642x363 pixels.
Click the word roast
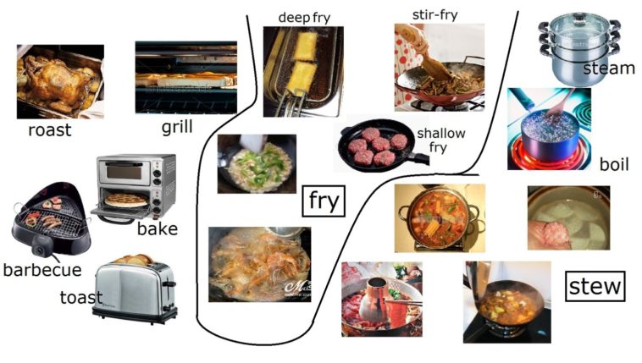pos(49,130)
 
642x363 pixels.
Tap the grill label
pos(177,127)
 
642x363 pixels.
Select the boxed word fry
pos(324,201)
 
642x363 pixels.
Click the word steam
pos(608,68)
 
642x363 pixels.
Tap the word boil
pos(614,164)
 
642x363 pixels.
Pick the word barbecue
pos(42,270)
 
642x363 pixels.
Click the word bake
pos(158,228)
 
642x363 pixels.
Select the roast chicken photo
pos(60,81)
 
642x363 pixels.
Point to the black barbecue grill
pos(47,222)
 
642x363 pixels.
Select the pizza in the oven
pos(125,200)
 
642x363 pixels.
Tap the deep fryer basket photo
pos(302,72)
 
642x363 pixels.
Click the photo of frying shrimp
pos(259,264)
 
